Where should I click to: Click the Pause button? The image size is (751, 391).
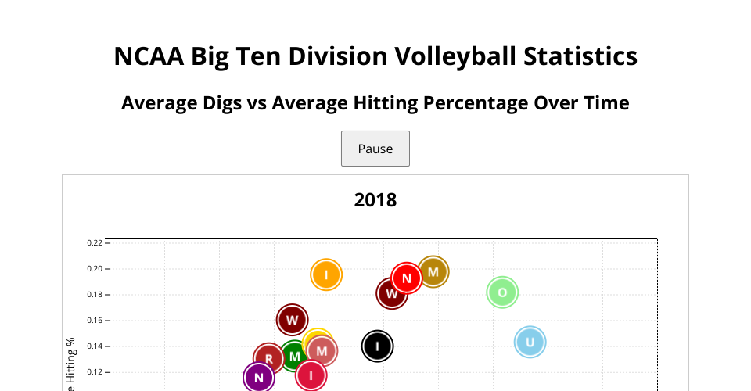[x=375, y=149]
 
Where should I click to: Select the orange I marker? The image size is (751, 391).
[x=326, y=274]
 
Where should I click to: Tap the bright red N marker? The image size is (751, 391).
[x=407, y=278]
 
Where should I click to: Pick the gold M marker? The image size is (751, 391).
[x=433, y=272]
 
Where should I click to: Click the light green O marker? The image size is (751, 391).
[x=502, y=292]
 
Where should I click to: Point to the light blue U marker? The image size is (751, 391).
[x=530, y=342]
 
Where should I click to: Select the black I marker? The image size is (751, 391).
[x=377, y=346]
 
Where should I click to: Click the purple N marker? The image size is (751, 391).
[x=259, y=378]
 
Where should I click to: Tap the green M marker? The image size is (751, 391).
[x=294, y=357]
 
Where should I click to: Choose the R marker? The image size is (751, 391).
[x=268, y=359]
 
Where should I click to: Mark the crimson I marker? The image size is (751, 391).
[x=311, y=375]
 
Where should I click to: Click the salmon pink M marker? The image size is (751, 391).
[x=322, y=351]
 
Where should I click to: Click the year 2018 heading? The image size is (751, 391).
[x=375, y=200]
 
